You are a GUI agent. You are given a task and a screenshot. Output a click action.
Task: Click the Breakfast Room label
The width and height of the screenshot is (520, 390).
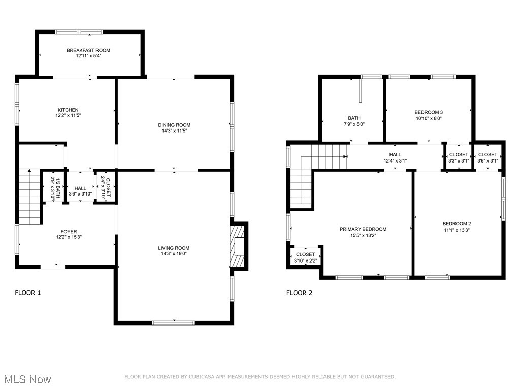[x=88, y=50]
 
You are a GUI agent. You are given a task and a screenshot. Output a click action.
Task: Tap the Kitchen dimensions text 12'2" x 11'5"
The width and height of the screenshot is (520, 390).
[x=68, y=116]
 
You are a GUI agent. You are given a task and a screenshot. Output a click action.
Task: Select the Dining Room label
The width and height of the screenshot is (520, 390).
[x=174, y=125]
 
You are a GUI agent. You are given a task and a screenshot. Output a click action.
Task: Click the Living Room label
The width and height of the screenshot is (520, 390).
[x=173, y=248]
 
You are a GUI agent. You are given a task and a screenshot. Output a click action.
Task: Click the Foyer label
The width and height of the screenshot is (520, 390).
[x=68, y=232]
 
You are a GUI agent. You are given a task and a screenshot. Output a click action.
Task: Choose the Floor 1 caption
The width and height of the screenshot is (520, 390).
[x=28, y=292]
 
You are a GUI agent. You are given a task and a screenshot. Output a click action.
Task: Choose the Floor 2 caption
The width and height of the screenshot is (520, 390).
[x=300, y=292]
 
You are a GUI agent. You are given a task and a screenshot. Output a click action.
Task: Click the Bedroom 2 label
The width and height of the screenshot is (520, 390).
[x=457, y=224]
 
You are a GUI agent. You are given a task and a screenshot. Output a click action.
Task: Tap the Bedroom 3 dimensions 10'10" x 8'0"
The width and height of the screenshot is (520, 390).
[x=429, y=118]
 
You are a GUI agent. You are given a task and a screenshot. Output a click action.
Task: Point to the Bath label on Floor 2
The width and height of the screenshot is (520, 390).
[x=354, y=118]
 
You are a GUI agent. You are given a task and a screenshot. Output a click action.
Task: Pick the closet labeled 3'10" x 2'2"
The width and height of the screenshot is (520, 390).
[x=305, y=254]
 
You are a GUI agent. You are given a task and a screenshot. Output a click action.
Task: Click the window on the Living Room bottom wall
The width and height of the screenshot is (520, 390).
[x=174, y=322]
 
